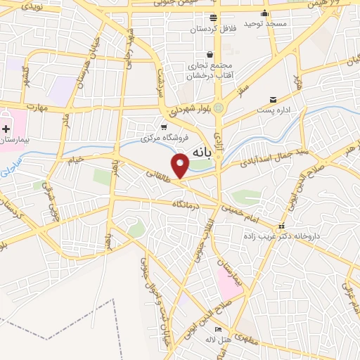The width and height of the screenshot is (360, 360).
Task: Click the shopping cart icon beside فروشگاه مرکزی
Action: click(164, 127)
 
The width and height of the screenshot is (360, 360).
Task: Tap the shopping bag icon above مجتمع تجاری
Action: click(210, 54)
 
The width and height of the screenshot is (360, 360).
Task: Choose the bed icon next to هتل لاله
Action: click(218, 330)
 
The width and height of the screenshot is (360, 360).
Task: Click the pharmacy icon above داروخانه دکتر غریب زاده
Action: click(282, 226)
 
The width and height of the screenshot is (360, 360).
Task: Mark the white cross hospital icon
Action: click(6, 129)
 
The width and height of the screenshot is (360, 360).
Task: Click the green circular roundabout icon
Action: click(219, 108)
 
